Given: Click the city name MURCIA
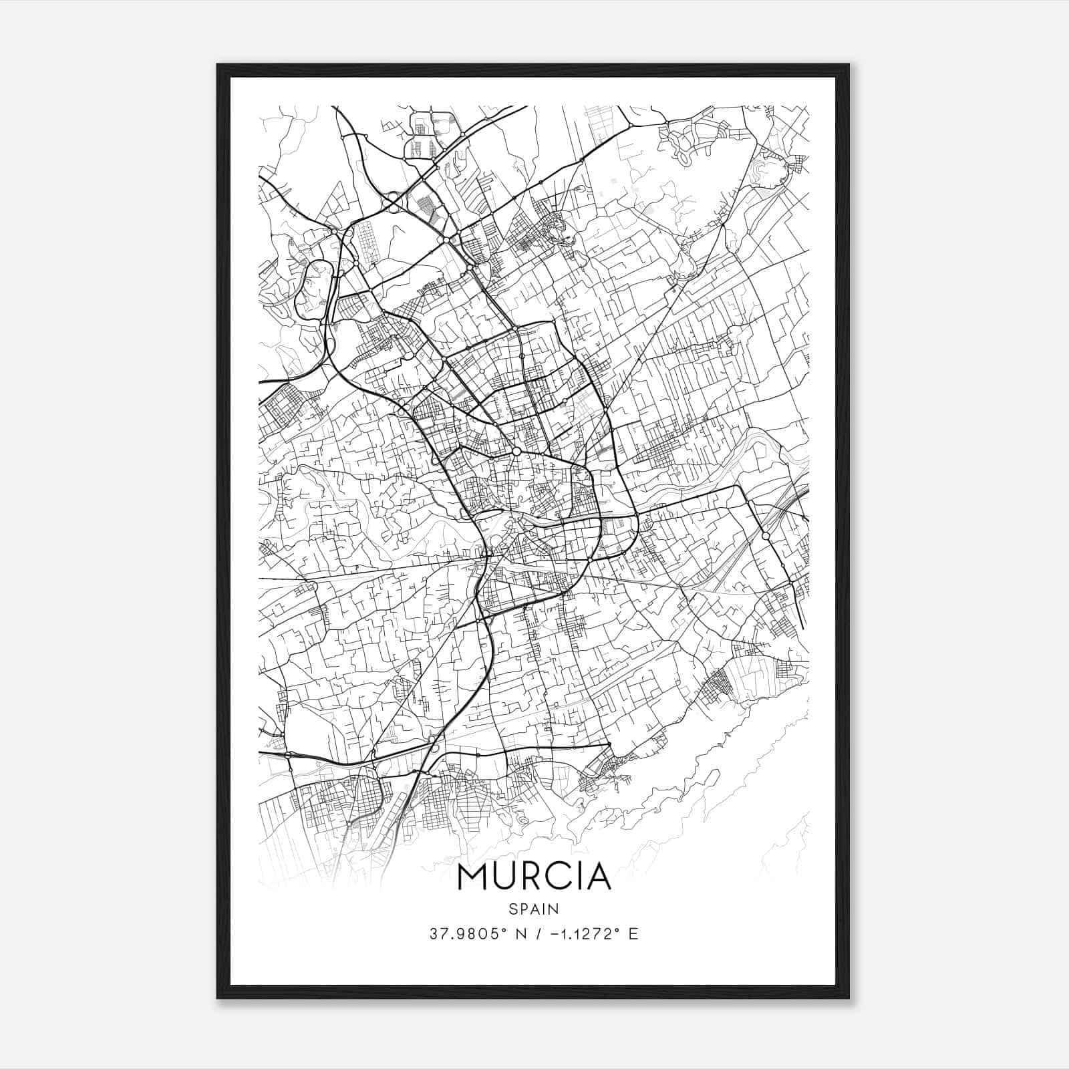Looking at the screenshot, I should pos(534,877).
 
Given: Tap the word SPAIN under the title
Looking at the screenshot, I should pos(534,909).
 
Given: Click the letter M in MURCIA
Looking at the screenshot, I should pos(473,877).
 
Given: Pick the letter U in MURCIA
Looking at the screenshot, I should pos(506,877).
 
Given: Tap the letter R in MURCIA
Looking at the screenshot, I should pos(534,877).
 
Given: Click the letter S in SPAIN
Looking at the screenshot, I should pos(512,909).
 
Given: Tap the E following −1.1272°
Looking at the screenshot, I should pos(633,934).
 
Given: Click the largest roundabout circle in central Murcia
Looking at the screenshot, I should pos(516,452).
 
